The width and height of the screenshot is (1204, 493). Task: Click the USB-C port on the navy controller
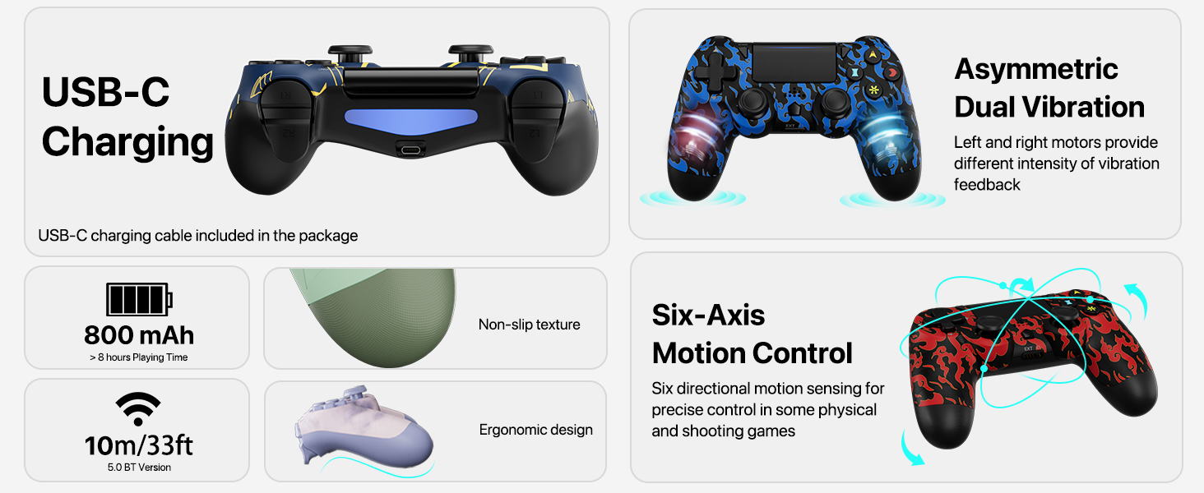(410, 150)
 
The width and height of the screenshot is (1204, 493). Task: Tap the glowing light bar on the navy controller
(411, 122)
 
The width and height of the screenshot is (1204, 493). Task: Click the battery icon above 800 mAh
(139, 299)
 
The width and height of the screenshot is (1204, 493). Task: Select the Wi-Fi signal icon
(138, 409)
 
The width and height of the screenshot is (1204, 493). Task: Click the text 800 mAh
(139, 335)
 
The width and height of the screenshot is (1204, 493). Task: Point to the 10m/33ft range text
(139, 445)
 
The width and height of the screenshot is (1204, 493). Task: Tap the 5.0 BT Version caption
(139, 468)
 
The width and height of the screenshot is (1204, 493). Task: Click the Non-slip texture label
(530, 325)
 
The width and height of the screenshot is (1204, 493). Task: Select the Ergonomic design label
(536, 430)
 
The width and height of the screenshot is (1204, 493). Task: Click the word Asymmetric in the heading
(1035, 70)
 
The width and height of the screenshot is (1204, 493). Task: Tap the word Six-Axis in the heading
(708, 315)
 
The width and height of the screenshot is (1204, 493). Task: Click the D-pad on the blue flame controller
(715, 72)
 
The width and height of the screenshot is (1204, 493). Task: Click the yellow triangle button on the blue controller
(873, 55)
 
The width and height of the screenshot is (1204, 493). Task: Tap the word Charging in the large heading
(127, 142)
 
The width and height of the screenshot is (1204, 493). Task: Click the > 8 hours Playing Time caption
(139, 357)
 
